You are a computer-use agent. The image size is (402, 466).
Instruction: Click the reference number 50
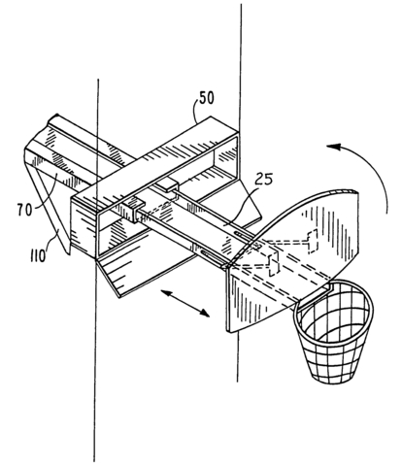click(x=207, y=98)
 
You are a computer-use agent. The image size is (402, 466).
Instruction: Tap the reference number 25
click(x=263, y=180)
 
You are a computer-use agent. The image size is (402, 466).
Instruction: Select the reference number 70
click(x=25, y=211)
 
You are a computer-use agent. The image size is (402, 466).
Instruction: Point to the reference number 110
click(x=38, y=257)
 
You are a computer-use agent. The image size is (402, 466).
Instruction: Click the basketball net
click(x=333, y=333)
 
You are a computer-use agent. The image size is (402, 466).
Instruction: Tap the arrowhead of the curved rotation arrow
click(x=333, y=148)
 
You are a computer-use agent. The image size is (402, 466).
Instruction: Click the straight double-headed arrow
click(x=185, y=303)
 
